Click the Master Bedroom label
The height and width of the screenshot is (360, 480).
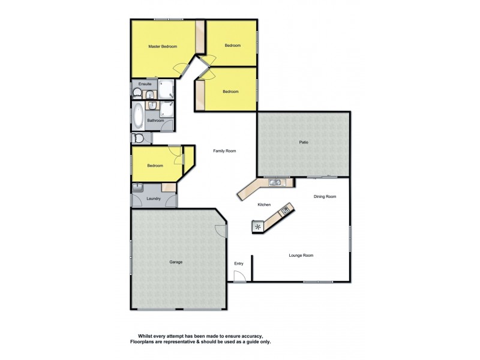point(163,46)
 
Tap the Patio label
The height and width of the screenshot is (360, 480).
point(304,143)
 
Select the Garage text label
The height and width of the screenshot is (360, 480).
point(175,262)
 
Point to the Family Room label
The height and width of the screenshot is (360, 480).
point(224,151)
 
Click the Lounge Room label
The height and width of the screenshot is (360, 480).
point(301,256)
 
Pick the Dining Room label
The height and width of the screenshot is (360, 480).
point(325,197)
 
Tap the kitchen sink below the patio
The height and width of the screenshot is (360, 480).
point(275,182)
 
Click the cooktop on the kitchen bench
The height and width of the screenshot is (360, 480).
point(285,211)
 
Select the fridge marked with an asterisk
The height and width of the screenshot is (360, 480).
point(258,227)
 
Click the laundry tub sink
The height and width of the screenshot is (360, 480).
point(138,187)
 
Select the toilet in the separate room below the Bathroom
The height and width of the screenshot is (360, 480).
point(139,139)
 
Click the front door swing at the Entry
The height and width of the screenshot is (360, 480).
point(239,276)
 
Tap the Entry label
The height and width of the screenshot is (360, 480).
point(239,263)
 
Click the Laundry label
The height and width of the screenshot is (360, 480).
point(154,199)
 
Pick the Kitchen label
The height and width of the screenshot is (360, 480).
point(265,205)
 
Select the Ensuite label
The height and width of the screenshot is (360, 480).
point(145,84)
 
